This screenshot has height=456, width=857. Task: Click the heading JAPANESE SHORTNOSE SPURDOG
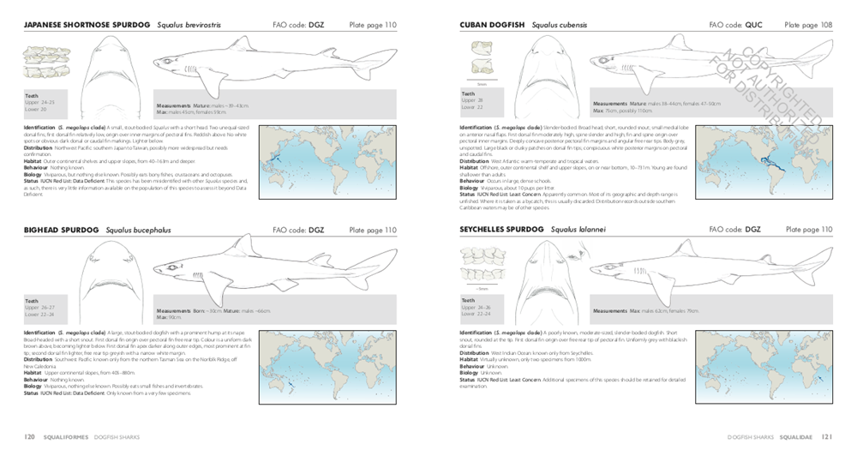(87, 26)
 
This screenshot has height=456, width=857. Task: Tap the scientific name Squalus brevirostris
(189, 26)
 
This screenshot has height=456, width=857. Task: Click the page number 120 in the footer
(29, 436)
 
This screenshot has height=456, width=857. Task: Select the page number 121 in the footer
(826, 436)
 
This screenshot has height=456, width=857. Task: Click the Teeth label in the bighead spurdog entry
(32, 301)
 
